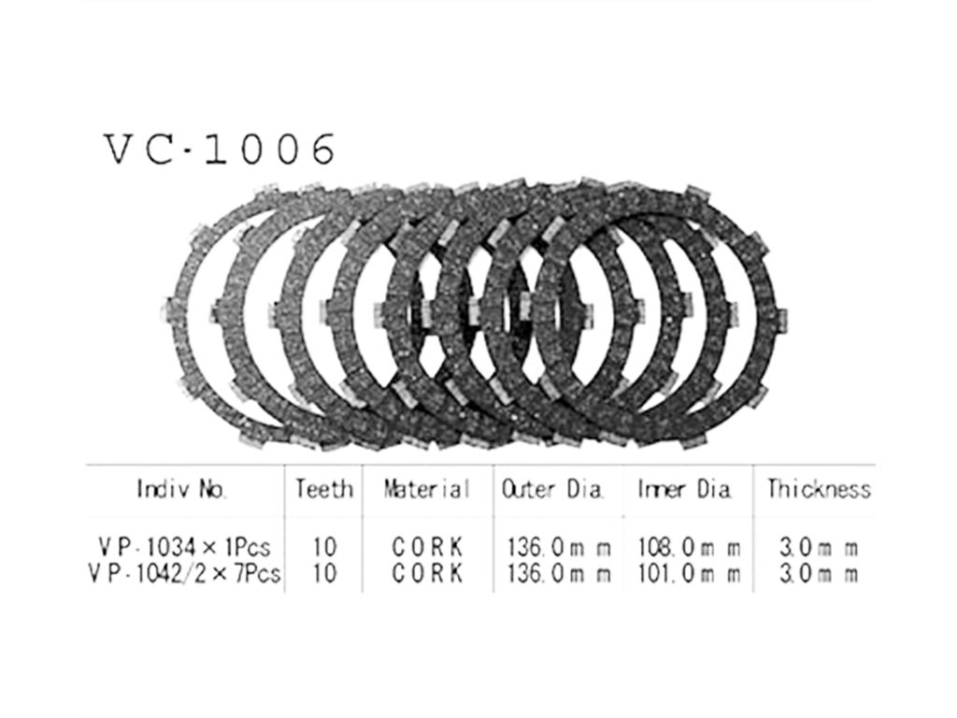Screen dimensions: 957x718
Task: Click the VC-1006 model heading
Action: pos(220,149)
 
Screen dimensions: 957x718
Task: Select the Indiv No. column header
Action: pos(182,489)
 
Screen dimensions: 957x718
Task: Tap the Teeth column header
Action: pos(324,489)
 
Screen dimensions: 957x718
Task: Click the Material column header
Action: pos(426,489)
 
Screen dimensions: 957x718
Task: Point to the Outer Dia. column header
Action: pos(552,489)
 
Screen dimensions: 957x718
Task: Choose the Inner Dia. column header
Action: pos(685,489)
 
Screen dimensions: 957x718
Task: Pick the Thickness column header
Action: pos(819,489)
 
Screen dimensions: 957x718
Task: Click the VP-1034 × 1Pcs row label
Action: pos(184,547)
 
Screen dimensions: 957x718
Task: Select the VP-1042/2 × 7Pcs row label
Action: pos(185,573)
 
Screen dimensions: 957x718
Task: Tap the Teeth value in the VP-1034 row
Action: pos(324,547)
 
